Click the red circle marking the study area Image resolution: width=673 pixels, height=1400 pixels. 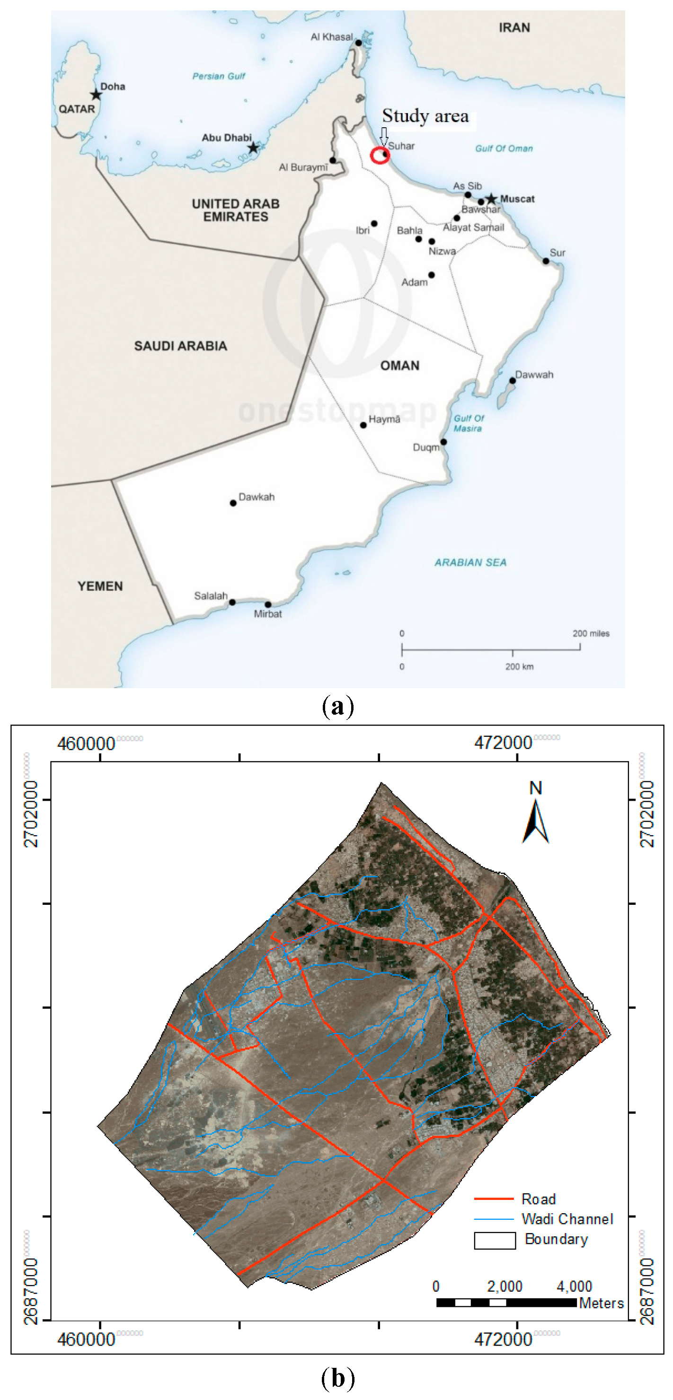(380, 156)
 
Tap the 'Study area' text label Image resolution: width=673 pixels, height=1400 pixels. (425, 116)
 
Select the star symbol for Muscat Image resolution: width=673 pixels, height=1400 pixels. (491, 199)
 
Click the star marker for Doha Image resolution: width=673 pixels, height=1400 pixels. (96, 95)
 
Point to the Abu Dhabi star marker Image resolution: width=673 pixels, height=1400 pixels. (253, 148)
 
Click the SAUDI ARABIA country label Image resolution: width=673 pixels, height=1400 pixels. (180, 346)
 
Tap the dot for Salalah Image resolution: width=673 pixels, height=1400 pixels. (232, 602)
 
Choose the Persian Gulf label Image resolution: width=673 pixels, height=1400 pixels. (219, 76)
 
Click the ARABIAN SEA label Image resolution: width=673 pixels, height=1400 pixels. (470, 562)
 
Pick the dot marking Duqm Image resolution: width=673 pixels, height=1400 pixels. (443, 442)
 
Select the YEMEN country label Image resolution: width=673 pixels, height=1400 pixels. (100, 586)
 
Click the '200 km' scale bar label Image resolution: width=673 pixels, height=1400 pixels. (519, 666)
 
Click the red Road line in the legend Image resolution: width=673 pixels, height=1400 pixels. (494, 1199)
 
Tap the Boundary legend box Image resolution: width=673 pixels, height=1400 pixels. (495, 1240)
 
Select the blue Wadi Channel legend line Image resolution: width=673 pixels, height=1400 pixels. (494, 1219)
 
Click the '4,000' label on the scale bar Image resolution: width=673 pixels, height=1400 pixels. (574, 1286)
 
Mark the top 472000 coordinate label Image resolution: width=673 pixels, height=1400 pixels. (503, 743)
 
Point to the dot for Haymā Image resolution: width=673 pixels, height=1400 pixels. (363, 425)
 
